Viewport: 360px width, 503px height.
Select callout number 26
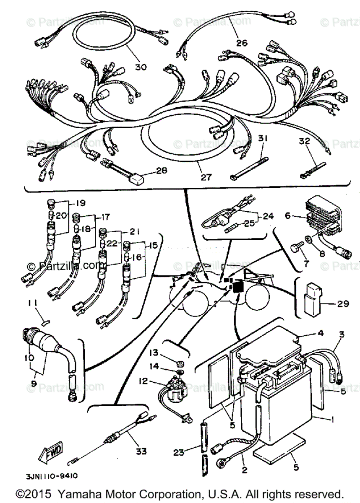pos(242,42)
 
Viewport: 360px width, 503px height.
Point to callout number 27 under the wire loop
pos(206,177)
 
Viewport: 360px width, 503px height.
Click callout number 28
pos(162,171)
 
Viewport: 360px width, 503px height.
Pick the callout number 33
pos(141,451)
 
